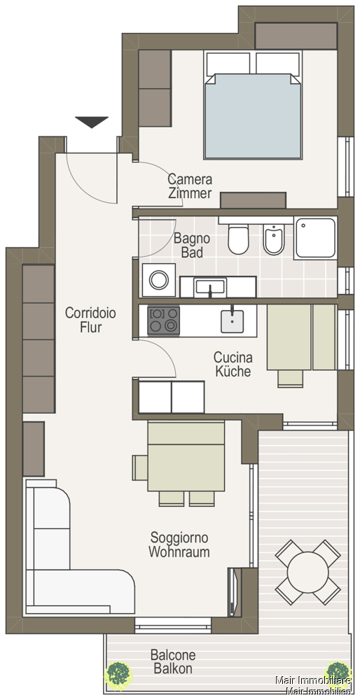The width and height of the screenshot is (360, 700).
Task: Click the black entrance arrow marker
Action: [x=92, y=121]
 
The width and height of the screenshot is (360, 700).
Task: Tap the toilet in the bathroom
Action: [x=238, y=239]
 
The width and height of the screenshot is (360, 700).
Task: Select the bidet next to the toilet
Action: [x=274, y=239]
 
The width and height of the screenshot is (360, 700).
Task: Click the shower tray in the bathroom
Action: [x=315, y=239]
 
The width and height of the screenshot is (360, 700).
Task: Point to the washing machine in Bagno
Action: [x=158, y=280]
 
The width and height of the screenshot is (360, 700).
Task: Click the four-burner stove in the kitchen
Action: [x=163, y=321]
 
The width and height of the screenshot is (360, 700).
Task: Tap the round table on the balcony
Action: [x=307, y=572]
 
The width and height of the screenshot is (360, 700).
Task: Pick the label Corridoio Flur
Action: [x=90, y=320]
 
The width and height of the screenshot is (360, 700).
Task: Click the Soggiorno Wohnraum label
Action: [x=179, y=544]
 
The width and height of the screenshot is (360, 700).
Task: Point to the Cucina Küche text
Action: [x=233, y=364]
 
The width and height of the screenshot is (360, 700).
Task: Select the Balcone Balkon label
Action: [x=173, y=662]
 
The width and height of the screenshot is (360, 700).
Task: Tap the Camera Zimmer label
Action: [x=189, y=186]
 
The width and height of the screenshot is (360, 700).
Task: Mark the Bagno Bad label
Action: [x=192, y=245]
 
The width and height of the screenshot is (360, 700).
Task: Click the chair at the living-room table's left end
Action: [x=140, y=468]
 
